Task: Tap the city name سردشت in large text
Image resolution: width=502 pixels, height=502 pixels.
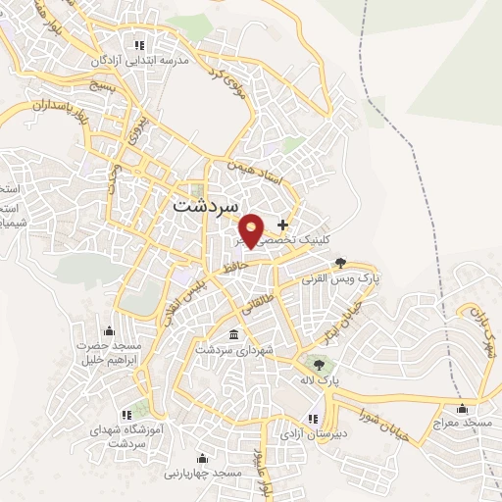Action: coord(205,207)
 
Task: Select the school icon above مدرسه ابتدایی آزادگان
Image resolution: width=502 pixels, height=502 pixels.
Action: coord(139,45)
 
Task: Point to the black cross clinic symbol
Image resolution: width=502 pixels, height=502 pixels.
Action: coord(283,225)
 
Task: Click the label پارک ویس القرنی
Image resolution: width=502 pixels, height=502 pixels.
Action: coord(341,277)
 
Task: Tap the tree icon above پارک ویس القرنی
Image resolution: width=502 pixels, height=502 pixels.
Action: coord(340,262)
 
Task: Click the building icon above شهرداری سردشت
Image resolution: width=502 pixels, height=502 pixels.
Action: coord(233,335)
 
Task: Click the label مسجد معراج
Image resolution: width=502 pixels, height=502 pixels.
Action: coord(462,424)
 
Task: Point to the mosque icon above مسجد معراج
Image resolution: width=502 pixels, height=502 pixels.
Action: coord(462,409)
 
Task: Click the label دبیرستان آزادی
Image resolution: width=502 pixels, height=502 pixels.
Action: coord(312,433)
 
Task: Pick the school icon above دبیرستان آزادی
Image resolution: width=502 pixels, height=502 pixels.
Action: coord(312,419)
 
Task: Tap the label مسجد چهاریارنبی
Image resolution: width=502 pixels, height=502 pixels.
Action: coord(203,473)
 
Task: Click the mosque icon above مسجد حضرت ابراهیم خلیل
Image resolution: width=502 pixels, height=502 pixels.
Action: coord(109,330)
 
